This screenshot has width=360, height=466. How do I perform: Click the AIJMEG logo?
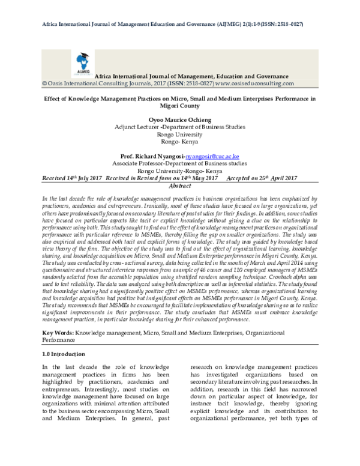tap(82, 62)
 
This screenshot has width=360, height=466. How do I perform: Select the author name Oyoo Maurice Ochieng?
tap(179, 119)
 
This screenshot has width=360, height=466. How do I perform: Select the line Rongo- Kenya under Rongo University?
tap(179, 142)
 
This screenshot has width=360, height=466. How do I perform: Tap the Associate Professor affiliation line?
tap(179, 163)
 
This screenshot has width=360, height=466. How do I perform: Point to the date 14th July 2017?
tap(80, 179)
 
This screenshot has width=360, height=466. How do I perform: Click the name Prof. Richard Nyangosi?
tap(152, 155)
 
